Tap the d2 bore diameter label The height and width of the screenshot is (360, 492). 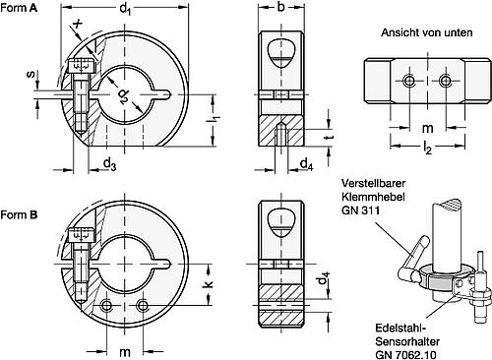[125, 96]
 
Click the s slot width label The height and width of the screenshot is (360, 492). [31, 77]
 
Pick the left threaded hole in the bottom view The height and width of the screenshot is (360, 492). [404, 80]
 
